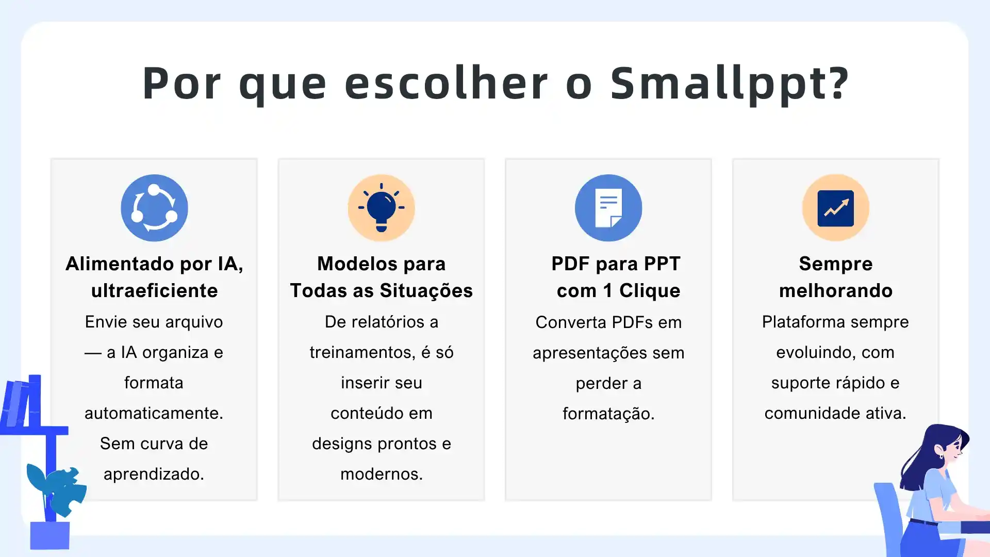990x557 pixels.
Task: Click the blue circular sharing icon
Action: click(x=154, y=208)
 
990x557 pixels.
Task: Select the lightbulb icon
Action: click(x=381, y=208)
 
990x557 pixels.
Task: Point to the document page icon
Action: click(x=608, y=208)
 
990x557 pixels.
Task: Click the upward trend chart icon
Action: click(x=835, y=208)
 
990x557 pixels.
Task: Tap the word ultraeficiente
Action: click(x=154, y=291)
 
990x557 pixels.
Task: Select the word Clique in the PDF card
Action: click(x=650, y=291)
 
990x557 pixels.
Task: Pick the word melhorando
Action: click(x=835, y=291)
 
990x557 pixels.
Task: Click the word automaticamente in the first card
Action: click(x=154, y=413)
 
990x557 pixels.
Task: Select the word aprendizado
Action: click(x=154, y=474)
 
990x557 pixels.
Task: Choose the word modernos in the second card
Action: click(x=381, y=474)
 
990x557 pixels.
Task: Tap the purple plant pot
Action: click(x=49, y=535)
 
